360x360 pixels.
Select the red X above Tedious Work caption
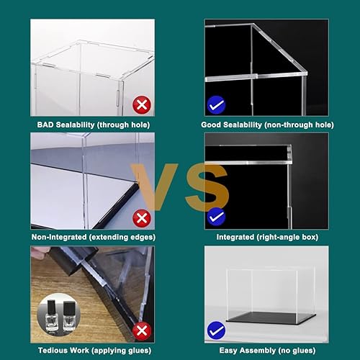click(x=142, y=330)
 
